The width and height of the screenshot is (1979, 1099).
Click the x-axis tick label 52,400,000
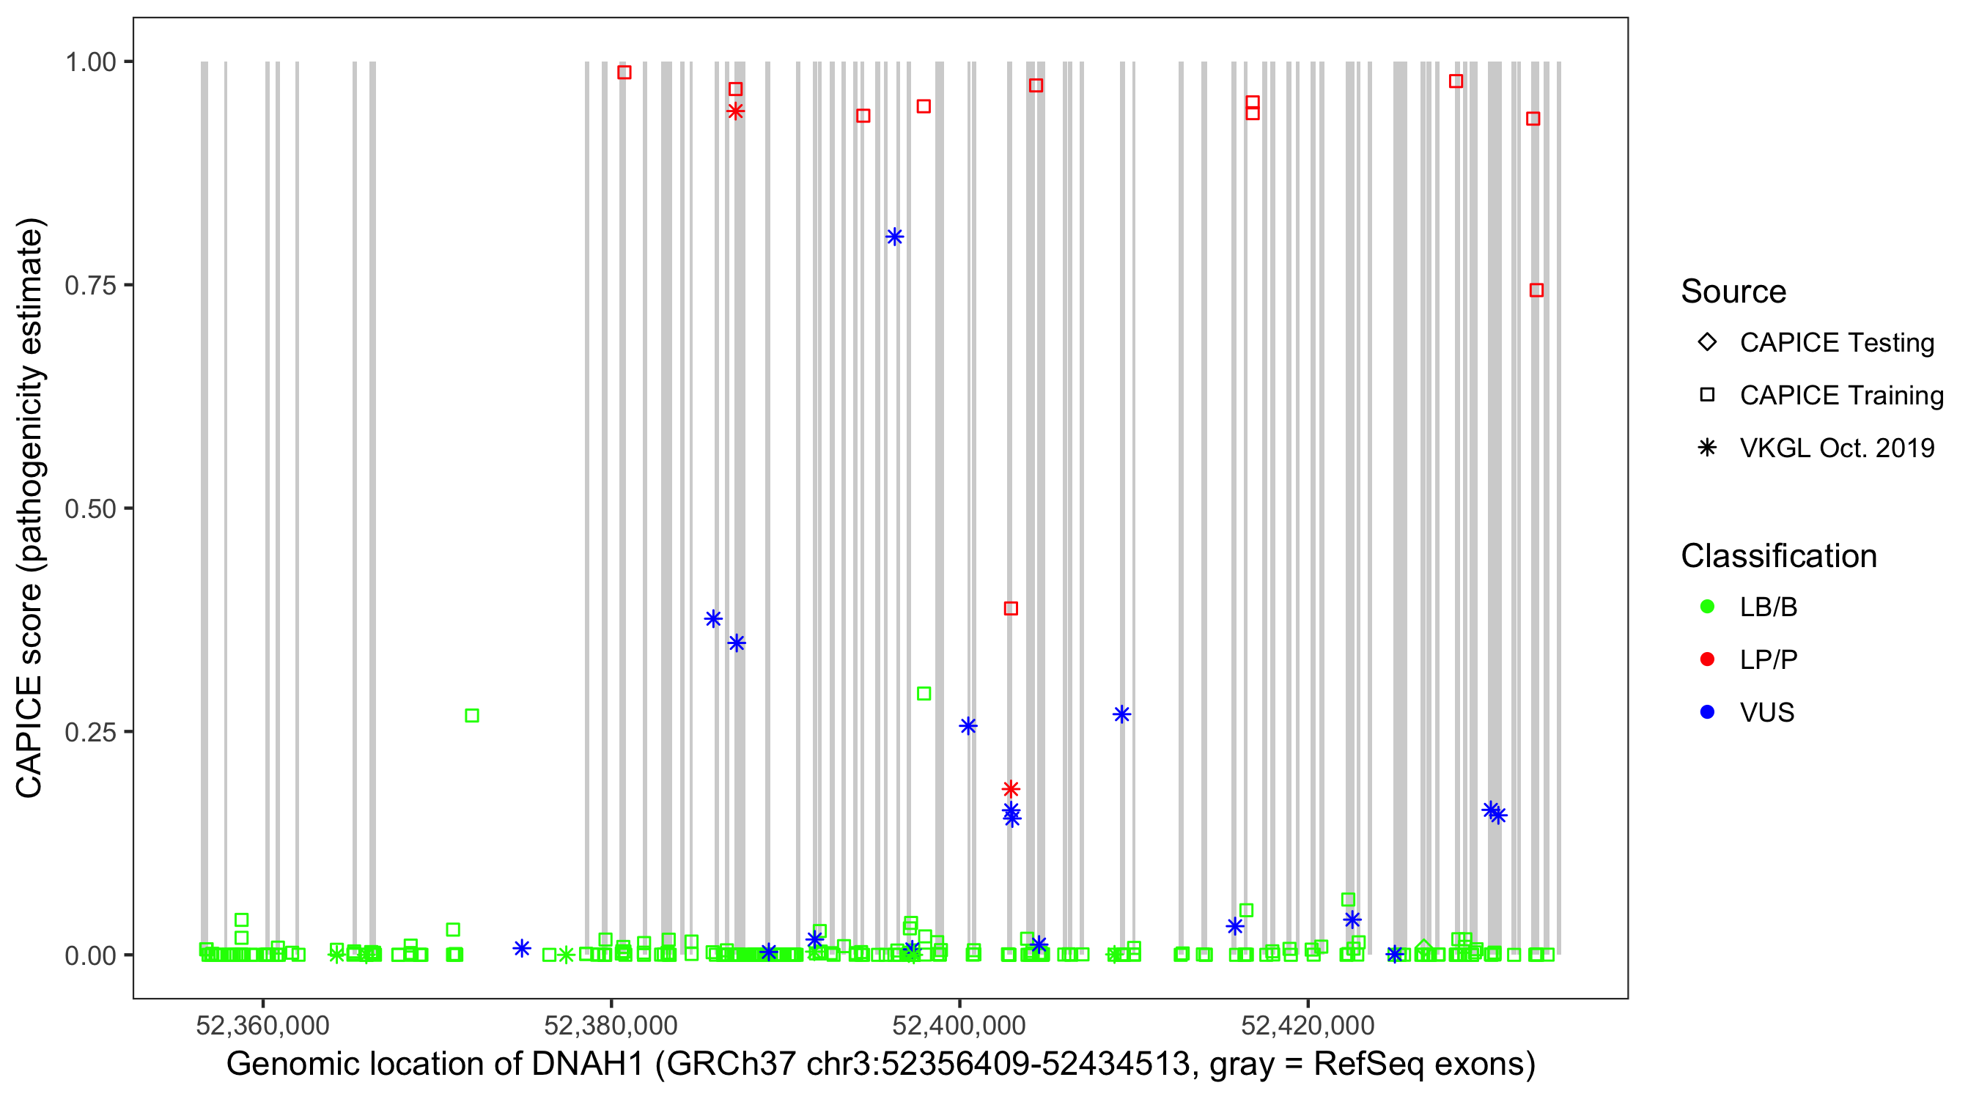959,1026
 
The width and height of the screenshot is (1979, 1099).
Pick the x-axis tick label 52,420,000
1308,1026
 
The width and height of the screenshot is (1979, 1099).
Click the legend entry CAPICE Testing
1836,343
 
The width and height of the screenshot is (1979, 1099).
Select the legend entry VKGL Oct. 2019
1836,448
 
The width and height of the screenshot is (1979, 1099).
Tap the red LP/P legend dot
1707,659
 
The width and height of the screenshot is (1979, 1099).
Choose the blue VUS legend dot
1707,713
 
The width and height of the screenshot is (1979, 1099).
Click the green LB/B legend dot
1707,607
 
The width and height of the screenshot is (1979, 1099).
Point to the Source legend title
1733,292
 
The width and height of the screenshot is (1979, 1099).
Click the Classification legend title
1778,556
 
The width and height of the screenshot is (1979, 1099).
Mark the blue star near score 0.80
894,237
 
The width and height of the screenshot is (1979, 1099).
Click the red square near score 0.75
1536,290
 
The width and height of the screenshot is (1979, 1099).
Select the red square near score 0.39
1011,608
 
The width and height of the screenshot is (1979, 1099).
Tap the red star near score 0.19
1011,789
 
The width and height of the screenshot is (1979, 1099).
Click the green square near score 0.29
924,694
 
